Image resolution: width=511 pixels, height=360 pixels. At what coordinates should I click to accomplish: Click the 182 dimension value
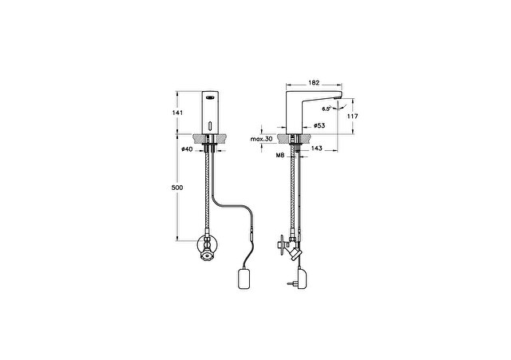point(314,83)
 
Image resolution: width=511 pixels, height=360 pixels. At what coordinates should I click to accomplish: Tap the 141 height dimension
point(177,113)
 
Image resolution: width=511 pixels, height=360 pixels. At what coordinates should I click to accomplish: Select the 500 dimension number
point(177,188)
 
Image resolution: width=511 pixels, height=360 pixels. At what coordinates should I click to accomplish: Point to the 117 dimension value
point(353,116)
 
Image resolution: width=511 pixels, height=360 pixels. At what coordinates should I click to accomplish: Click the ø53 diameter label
point(319,125)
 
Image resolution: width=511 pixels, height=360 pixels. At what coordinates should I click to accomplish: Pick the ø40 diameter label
point(187,149)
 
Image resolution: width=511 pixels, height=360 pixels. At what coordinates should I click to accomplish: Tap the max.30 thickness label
point(261,139)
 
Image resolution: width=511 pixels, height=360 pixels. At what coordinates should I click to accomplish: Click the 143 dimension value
point(316,148)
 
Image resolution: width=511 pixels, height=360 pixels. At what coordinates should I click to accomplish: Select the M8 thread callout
point(280,156)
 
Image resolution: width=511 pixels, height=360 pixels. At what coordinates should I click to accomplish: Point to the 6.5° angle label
point(327,109)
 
